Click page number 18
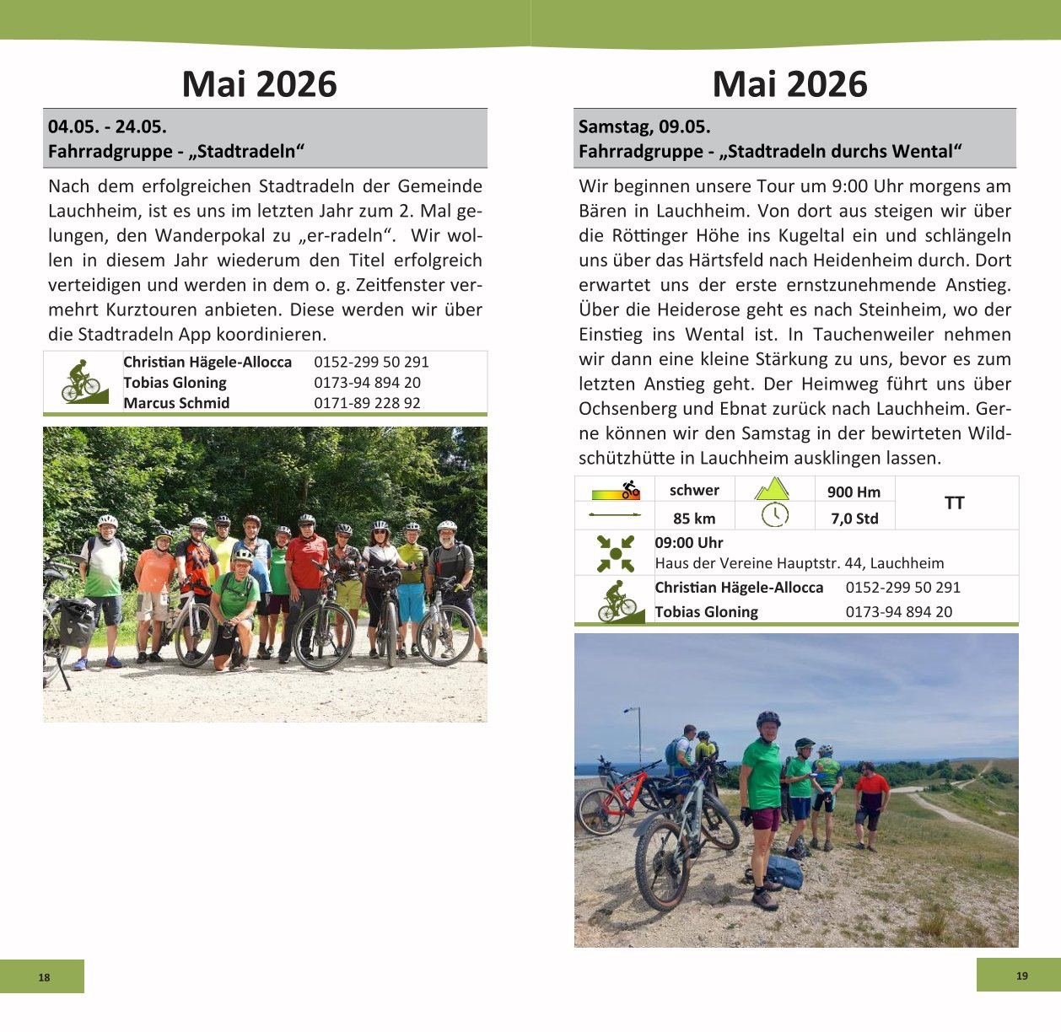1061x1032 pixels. [x=44, y=977]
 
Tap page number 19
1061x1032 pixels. [x=1021, y=976]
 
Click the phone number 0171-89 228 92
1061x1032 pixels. [x=367, y=403]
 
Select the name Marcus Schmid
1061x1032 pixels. [x=176, y=403]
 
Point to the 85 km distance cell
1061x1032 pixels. [x=694, y=519]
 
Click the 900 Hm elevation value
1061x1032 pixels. [x=854, y=492]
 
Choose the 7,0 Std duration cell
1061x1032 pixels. [x=854, y=519]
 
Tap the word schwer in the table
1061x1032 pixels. [x=694, y=491]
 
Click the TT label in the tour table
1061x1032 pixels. [x=954, y=503]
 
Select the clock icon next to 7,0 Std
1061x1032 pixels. [x=774, y=515]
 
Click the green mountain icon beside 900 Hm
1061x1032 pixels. [x=772, y=489]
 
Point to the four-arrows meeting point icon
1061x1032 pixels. [x=615, y=553]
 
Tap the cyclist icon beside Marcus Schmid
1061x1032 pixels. [x=83, y=383]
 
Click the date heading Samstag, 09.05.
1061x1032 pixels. [x=644, y=127]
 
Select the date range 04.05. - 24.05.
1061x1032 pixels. [x=107, y=127]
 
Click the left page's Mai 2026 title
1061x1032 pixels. [x=259, y=84]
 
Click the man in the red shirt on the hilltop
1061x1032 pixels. [x=870, y=801]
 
